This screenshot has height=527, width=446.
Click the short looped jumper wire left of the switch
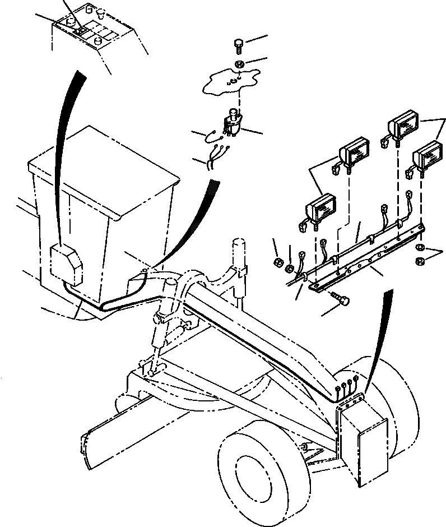point(212,134)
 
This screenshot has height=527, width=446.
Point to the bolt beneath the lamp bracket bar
point(340,301)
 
